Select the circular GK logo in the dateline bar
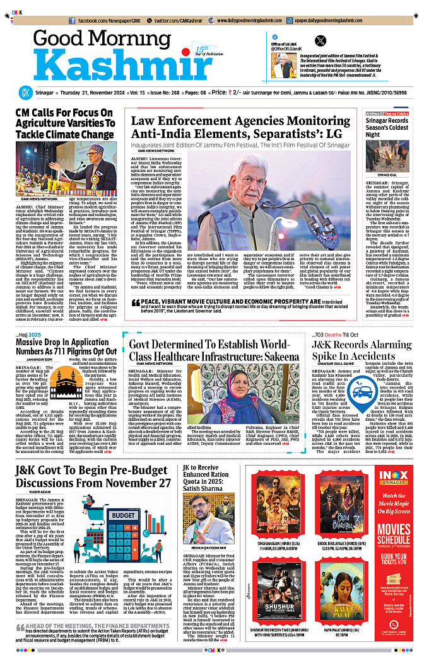(x=25, y=93)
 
